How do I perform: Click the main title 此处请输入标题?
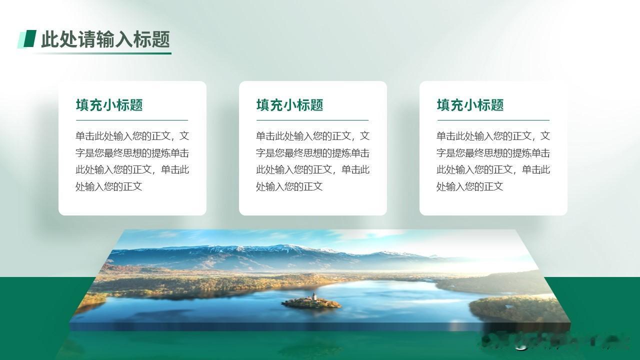pos(105,39)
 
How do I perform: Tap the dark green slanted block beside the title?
pos(29,38)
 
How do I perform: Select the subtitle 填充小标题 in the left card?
pos(109,105)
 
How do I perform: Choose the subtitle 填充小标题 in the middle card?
pos(289,105)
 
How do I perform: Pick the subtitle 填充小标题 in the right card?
pos(470,105)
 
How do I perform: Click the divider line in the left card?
pos(132,120)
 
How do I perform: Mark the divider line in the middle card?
pos(312,120)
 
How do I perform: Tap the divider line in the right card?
pos(493,120)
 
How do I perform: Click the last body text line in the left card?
pos(109,186)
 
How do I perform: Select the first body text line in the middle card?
pos(313,136)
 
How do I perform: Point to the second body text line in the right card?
pos(493,153)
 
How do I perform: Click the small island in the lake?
pos(311,303)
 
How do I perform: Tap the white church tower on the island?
pos(314,296)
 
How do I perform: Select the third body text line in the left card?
pos(132,169)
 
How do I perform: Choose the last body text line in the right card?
pos(469,186)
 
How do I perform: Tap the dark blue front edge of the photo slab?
pos(320,327)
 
